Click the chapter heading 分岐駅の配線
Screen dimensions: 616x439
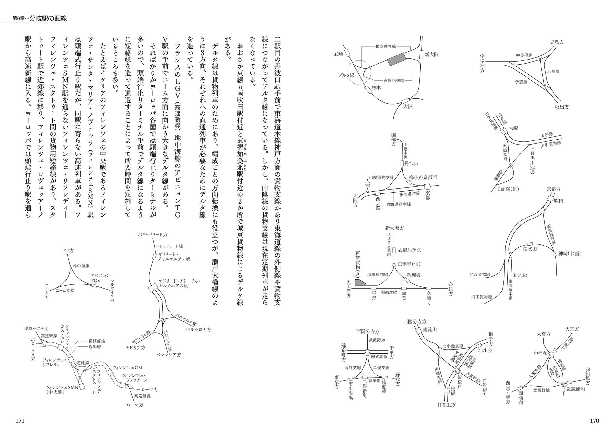coord(48,18)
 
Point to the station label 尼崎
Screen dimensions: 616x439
coord(338,54)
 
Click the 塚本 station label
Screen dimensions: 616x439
coord(377,87)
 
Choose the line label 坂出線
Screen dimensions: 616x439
coord(553,72)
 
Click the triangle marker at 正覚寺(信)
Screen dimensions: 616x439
coord(394,264)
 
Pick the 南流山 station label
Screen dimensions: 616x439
coord(430,329)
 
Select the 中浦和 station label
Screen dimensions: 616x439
coord(541,353)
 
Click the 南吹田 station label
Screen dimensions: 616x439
coord(530,249)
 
